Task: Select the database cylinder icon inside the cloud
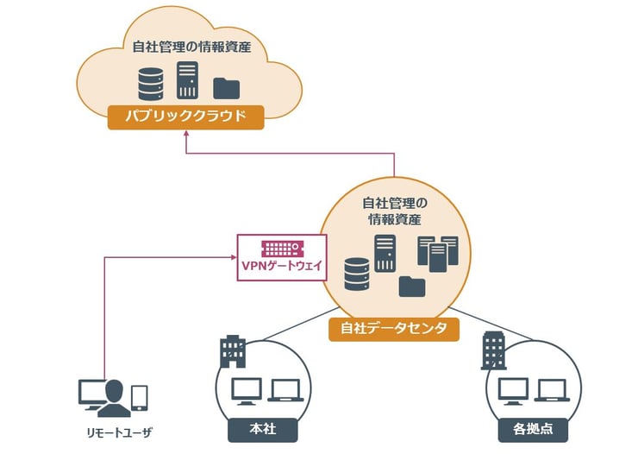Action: [x=151, y=84]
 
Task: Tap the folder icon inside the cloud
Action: [x=226, y=86]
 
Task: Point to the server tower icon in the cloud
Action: [x=187, y=79]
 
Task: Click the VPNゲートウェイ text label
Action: [x=280, y=266]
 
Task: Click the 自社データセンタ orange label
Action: [x=393, y=328]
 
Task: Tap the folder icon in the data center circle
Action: [x=412, y=286]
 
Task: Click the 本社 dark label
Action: [x=255, y=427]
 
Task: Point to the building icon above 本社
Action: [x=232, y=350]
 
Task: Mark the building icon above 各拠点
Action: [x=494, y=350]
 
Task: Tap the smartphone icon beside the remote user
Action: [x=139, y=398]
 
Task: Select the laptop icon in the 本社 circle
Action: [x=284, y=390]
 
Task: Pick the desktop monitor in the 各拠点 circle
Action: [x=515, y=391]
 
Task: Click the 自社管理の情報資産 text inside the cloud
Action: [x=187, y=47]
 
